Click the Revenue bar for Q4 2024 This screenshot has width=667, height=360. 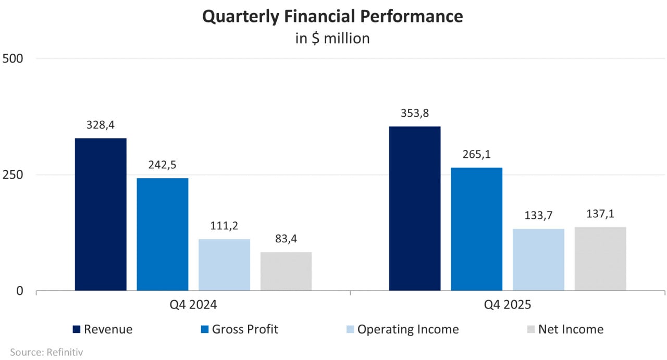coord(101,214)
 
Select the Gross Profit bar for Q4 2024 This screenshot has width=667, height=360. coord(163,234)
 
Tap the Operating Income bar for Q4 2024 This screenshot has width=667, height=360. coord(225,265)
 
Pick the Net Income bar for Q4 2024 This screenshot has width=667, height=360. coord(286,271)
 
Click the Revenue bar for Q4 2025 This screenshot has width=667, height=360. coord(415,208)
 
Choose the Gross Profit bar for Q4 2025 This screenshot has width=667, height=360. coord(476,229)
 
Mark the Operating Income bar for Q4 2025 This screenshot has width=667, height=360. coord(538,259)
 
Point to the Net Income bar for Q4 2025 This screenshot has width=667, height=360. coord(600,259)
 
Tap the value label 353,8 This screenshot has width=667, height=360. coord(415,113)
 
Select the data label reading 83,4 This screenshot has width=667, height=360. coord(286,239)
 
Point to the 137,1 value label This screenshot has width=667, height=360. coord(600,214)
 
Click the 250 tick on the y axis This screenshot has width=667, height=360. coord(13,175)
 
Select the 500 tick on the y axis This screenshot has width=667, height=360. coord(13,58)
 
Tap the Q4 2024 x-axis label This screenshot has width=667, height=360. coord(193,305)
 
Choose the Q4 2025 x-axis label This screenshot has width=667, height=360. coord(508,305)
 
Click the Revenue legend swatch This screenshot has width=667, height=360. coord(76,329)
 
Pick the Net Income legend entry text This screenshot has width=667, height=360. coord(571,329)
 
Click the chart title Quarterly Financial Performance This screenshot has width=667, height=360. coord(332,17)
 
